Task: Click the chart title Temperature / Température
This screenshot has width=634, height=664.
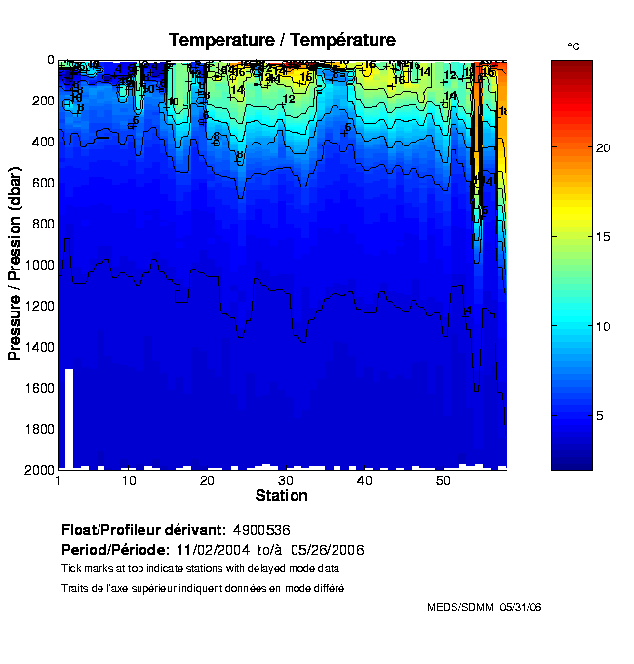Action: (x=282, y=40)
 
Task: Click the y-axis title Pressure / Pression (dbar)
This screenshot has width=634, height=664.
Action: (x=15, y=264)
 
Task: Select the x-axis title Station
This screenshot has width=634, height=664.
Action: (x=282, y=496)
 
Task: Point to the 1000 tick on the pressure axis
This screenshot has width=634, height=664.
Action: (x=37, y=265)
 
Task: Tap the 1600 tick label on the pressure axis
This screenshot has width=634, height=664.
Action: (x=37, y=388)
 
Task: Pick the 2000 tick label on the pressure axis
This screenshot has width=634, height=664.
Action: (x=37, y=470)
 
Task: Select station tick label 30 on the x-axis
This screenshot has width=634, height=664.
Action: (x=285, y=481)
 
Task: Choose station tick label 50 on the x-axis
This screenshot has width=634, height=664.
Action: (x=442, y=481)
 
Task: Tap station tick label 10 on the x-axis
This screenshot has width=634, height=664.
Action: (x=129, y=481)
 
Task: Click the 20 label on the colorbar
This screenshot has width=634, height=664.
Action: (x=603, y=147)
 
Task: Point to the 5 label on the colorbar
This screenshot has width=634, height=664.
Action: (x=600, y=416)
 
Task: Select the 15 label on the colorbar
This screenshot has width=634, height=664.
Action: (x=603, y=237)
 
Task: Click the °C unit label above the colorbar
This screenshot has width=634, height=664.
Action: (x=574, y=46)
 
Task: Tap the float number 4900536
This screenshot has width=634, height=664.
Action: (x=261, y=530)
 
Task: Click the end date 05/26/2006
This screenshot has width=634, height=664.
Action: (x=326, y=550)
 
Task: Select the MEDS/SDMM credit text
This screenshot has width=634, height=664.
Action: (x=460, y=607)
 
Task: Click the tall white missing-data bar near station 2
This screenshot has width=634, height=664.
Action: (x=69, y=418)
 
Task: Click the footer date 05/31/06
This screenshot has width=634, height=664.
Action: (x=521, y=607)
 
